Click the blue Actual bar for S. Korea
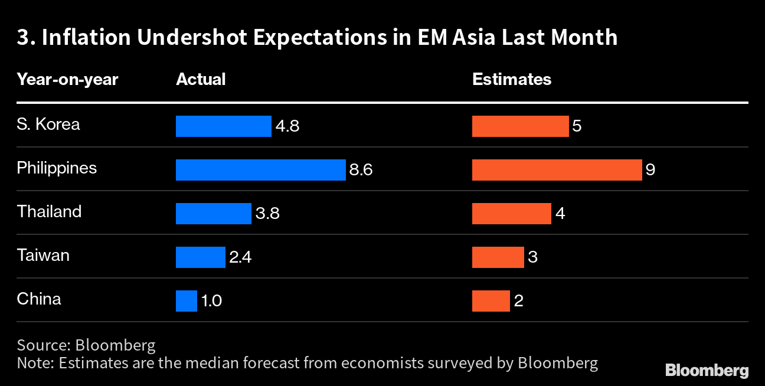click(223, 126)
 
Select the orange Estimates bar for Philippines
click(557, 169)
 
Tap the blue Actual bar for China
click(186, 300)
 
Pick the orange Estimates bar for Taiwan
click(498, 257)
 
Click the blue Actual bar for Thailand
click(213, 213)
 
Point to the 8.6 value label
click(361, 170)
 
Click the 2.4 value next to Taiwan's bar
click(240, 257)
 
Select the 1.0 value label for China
click(211, 301)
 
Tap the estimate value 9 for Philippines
click(650, 170)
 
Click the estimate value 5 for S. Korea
click(577, 126)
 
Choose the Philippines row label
click(57, 168)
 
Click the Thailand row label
click(49, 211)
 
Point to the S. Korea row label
click(48, 125)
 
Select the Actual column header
click(201, 79)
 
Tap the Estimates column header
click(512, 79)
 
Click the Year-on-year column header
click(67, 79)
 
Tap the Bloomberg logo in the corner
click(707, 370)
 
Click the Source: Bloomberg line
click(86, 345)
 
